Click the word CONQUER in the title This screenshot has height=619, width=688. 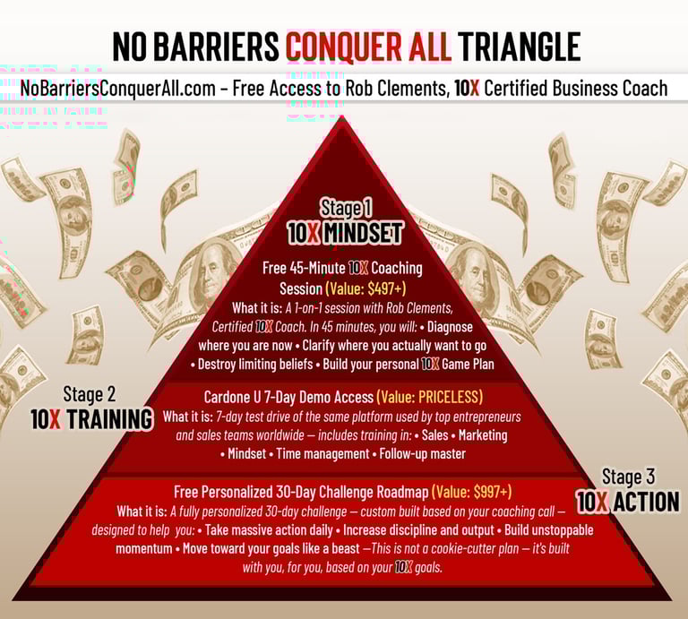click(x=344, y=46)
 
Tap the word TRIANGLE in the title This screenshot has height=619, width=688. click(x=520, y=46)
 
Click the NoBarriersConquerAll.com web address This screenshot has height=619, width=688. click(x=117, y=89)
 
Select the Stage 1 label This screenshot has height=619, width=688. click(x=346, y=208)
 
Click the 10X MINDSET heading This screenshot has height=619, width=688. click(x=344, y=233)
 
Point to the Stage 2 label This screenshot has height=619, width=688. click(x=90, y=394)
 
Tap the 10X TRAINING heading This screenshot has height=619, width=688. click(x=91, y=419)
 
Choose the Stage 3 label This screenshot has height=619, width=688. click(x=628, y=477)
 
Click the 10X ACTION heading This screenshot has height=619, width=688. click(x=628, y=502)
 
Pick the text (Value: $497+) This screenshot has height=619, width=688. click(x=365, y=288)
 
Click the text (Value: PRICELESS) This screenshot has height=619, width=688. click(x=430, y=397)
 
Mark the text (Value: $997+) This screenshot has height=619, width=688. click(x=472, y=492)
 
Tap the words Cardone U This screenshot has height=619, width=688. click(x=232, y=398)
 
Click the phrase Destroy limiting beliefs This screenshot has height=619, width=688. click(x=255, y=364)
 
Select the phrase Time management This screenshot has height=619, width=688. click(x=322, y=453)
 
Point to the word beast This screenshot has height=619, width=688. click(x=344, y=548)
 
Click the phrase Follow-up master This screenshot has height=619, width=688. click(x=423, y=453)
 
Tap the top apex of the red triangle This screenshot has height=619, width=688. click(x=341, y=116)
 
